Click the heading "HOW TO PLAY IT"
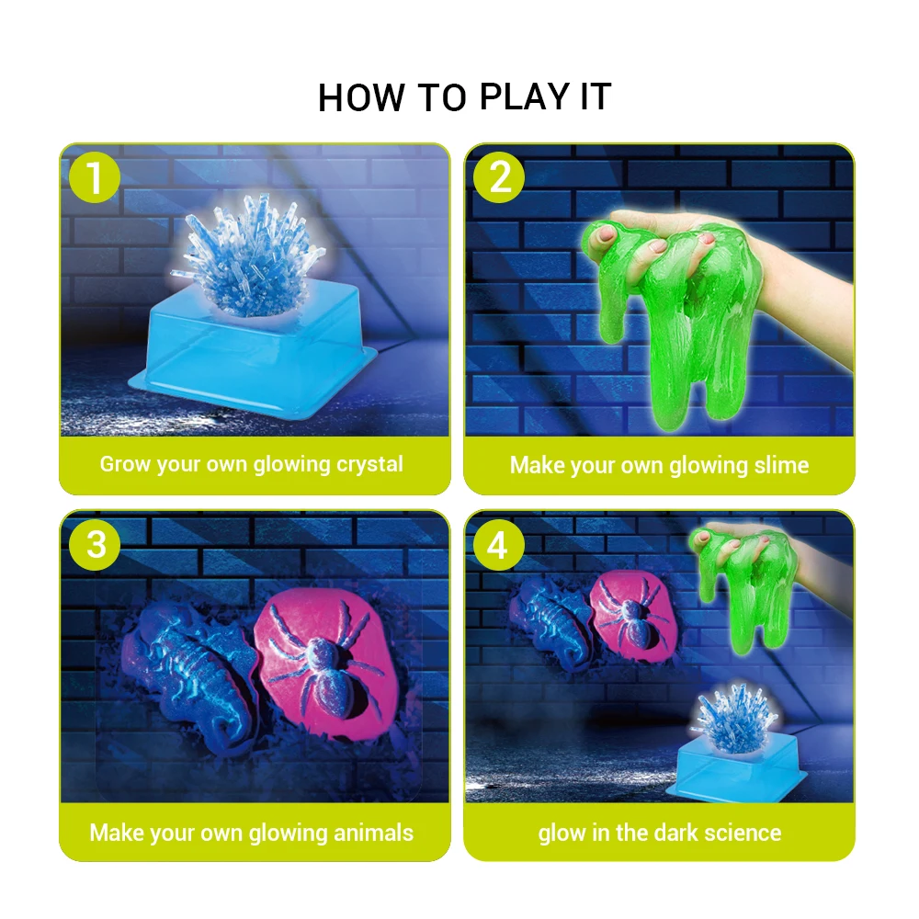(x=464, y=97)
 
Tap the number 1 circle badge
(x=96, y=178)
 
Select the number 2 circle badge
(x=500, y=178)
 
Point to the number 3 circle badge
(x=96, y=545)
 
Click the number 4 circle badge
(x=497, y=545)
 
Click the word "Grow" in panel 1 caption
(x=124, y=464)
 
